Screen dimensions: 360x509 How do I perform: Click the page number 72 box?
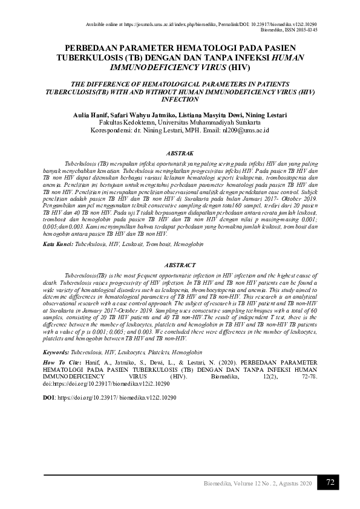click(330, 482)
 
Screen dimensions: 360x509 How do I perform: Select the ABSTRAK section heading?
click(179, 154)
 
